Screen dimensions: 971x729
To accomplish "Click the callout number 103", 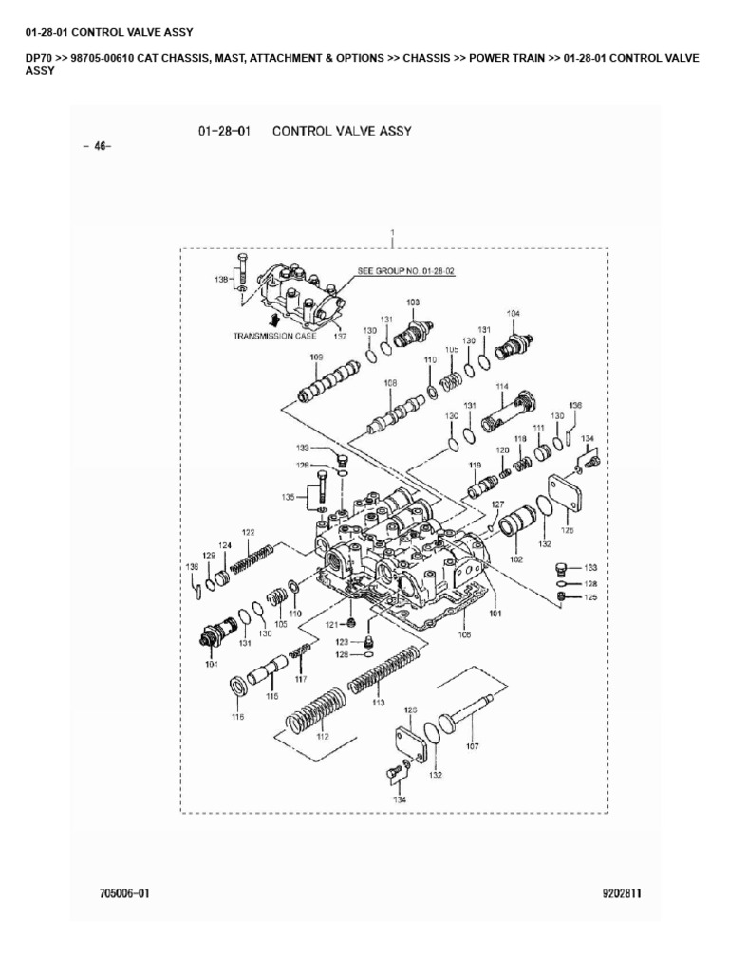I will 413,302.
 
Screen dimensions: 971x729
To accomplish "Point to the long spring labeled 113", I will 383,670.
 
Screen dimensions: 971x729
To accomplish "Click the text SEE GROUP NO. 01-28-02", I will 406,271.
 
